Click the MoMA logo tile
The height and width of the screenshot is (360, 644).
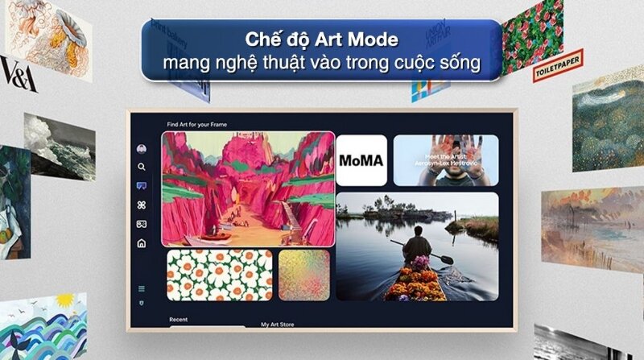coord(361,160)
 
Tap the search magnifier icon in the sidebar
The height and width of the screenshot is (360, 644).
coord(142,168)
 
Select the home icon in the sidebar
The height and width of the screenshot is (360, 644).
coord(142,243)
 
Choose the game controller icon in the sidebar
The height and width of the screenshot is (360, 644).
coord(142,224)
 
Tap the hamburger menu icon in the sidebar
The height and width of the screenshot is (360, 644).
coord(142,288)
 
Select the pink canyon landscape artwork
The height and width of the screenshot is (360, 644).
coord(248,188)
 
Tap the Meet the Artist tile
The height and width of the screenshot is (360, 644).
coord(445,160)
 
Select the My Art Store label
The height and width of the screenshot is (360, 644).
coord(279,324)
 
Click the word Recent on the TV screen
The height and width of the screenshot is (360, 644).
coord(178,320)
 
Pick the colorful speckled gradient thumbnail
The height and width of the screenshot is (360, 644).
coord(303,275)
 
